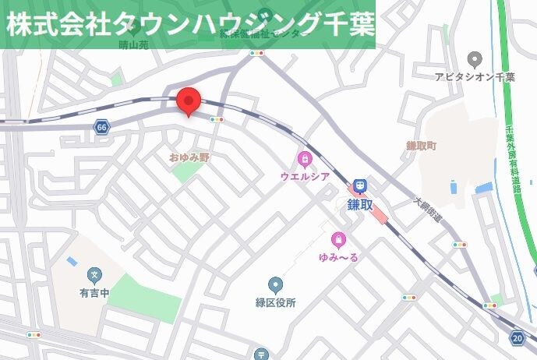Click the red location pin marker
point(189,101)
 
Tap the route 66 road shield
point(101,127)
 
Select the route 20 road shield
point(518,337)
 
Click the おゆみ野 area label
point(190,157)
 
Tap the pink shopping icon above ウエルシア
point(304,160)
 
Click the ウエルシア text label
point(305,177)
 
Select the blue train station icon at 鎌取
point(359,185)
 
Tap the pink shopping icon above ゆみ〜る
point(337,240)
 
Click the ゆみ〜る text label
point(338,258)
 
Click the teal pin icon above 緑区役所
point(274,285)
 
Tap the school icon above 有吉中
point(95,274)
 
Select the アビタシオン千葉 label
point(475,77)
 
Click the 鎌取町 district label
point(422,146)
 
